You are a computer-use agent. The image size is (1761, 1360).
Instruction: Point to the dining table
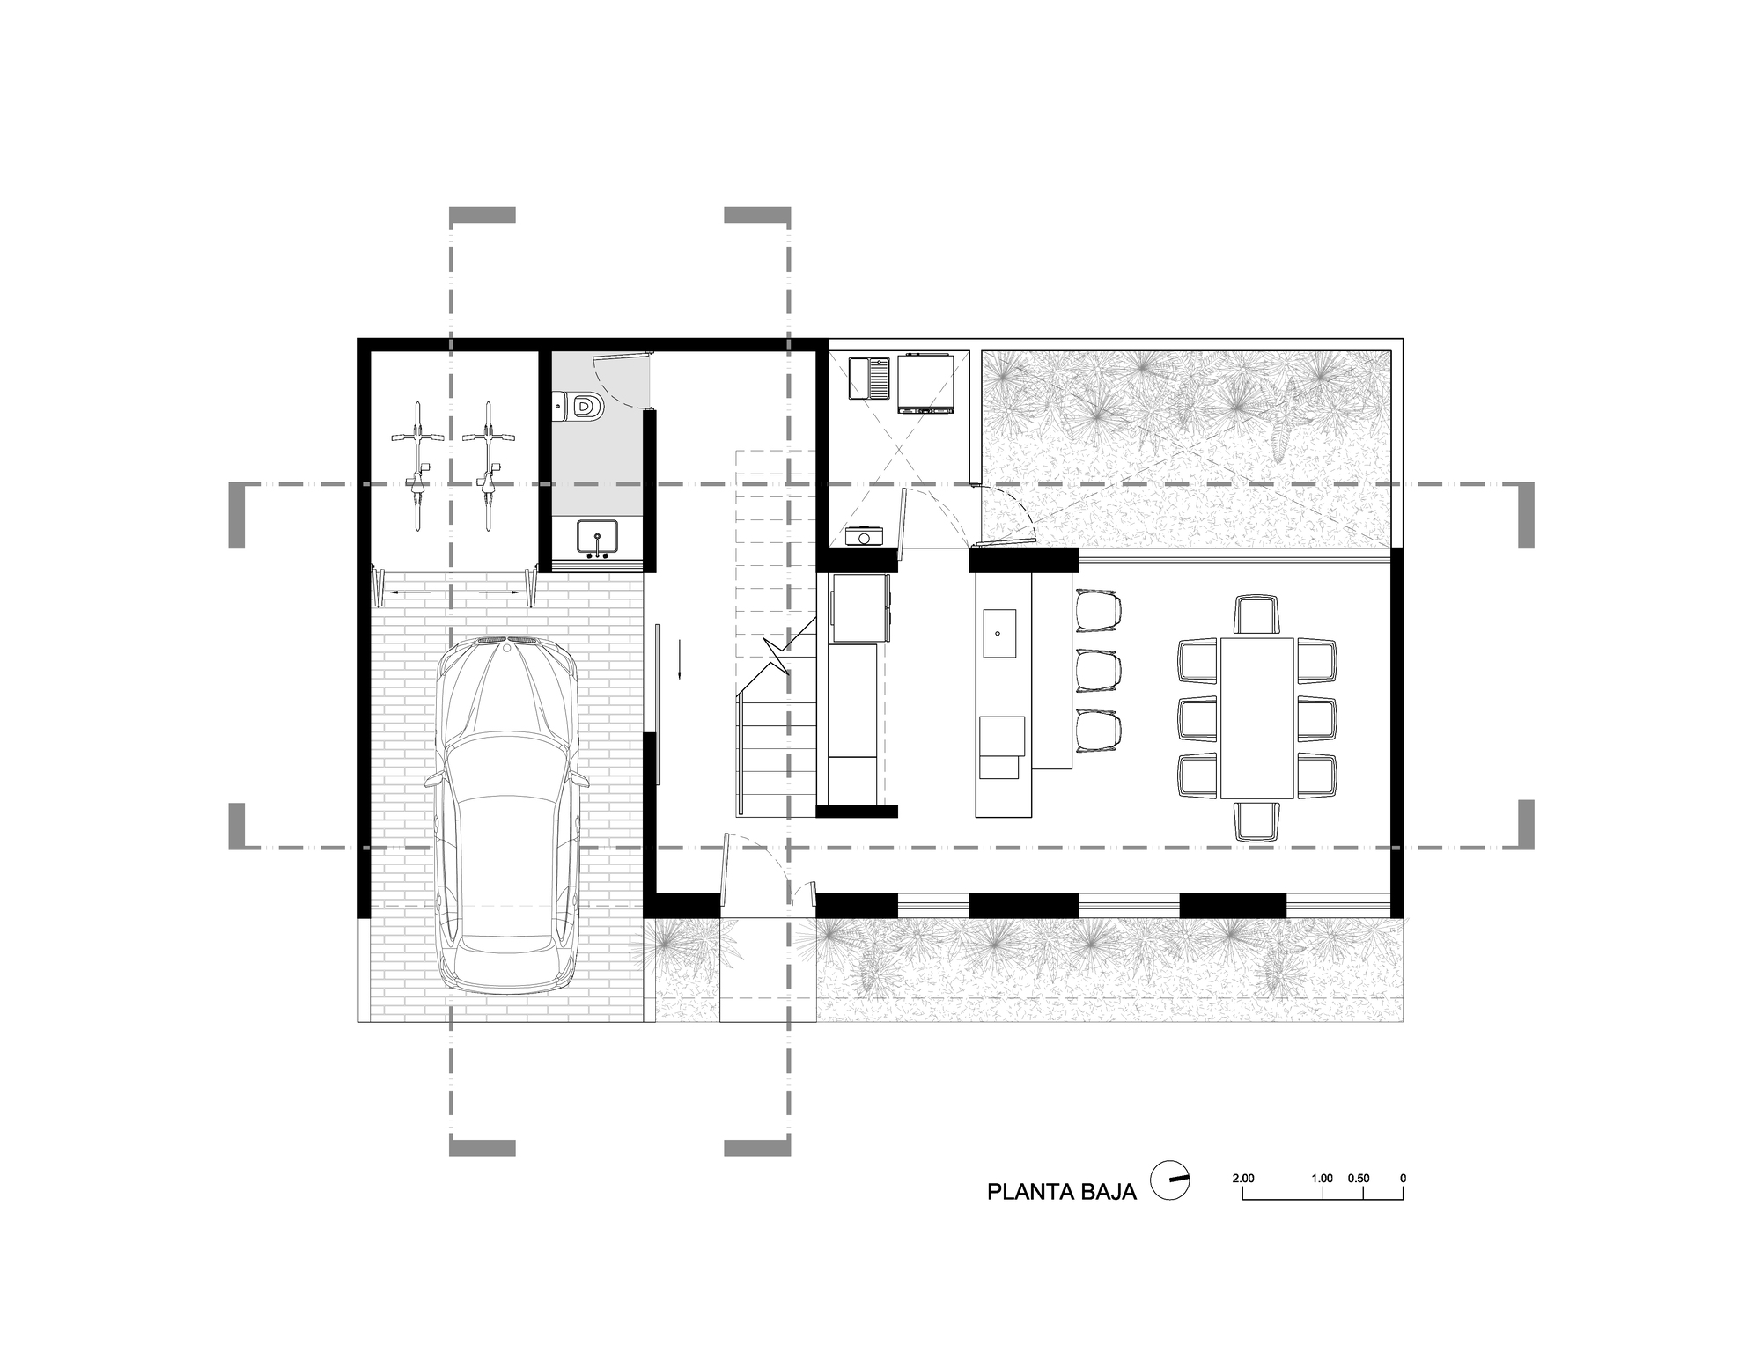(x=1256, y=718)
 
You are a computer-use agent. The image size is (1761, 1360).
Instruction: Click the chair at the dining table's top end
(x=1256, y=614)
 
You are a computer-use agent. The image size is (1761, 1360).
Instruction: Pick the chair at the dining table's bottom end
(x=1256, y=821)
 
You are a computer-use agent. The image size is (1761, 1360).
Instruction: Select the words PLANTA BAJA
(x=1061, y=1192)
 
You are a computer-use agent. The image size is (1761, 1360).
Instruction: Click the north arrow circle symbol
(x=1171, y=1180)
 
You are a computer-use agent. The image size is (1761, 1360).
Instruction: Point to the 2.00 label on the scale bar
(x=1242, y=1178)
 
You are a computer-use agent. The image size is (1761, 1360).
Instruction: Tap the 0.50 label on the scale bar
(x=1359, y=1178)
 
